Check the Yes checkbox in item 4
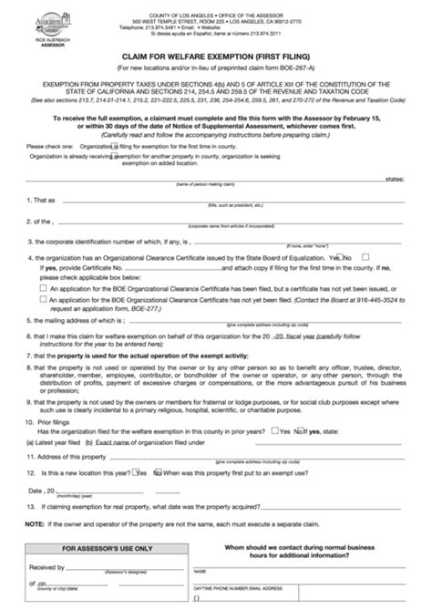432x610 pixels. (339, 258)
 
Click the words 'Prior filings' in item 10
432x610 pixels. (62, 422)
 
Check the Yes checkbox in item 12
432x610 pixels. (135, 473)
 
